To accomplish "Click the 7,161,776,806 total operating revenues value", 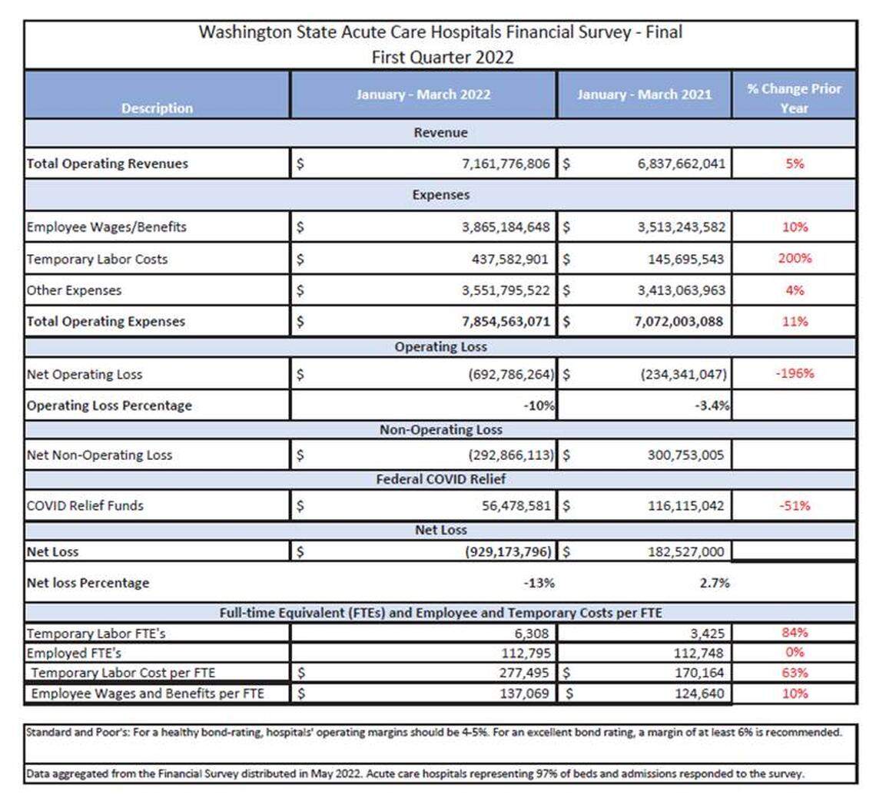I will [x=496, y=164].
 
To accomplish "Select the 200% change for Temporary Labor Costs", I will [x=795, y=258].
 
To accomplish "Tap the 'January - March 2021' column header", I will [x=644, y=95].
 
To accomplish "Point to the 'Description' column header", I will [x=157, y=108].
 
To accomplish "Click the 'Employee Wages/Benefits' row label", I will [x=106, y=227].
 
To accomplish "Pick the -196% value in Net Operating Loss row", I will [x=795, y=374].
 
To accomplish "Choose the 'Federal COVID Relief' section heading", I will [x=440, y=480].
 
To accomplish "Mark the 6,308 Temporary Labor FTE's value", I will [x=532, y=634].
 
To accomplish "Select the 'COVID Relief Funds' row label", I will [x=85, y=506].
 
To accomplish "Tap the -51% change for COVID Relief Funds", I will [x=795, y=506].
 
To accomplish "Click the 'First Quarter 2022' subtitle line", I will [x=440, y=57].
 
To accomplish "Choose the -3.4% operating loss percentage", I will [x=710, y=405].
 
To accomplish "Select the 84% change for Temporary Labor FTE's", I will [x=795, y=634].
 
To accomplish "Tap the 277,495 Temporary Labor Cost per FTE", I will [x=523, y=673].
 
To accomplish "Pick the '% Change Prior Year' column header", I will [x=795, y=98].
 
